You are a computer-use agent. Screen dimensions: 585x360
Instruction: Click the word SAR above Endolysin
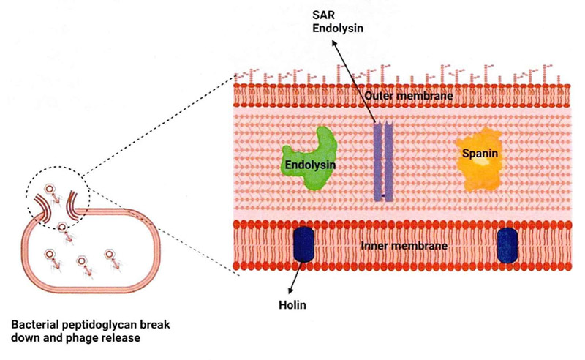324,15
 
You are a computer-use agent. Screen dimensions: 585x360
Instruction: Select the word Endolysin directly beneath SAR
338,29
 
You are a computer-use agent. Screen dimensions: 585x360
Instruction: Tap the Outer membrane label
409,96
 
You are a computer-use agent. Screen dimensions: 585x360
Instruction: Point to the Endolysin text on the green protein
310,165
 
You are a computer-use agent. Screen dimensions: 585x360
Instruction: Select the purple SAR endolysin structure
383,160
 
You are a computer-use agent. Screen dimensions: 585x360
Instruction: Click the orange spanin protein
479,160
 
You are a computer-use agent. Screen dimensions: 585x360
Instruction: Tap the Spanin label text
480,153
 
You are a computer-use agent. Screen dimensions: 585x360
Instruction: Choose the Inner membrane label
404,246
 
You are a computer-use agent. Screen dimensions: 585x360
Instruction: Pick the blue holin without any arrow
507,246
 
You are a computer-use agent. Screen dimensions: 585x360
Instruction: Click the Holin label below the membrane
292,305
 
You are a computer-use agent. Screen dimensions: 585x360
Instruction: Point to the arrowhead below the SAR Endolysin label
334,45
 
